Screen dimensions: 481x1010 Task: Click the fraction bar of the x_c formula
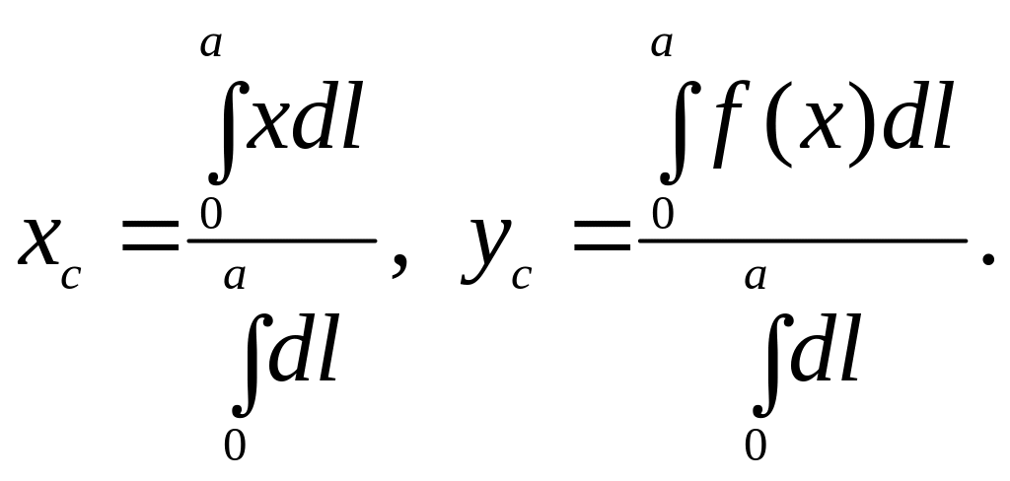[x=282, y=240]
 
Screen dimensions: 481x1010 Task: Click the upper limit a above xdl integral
[x=210, y=44]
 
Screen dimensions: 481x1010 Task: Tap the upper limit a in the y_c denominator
[x=757, y=277]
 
